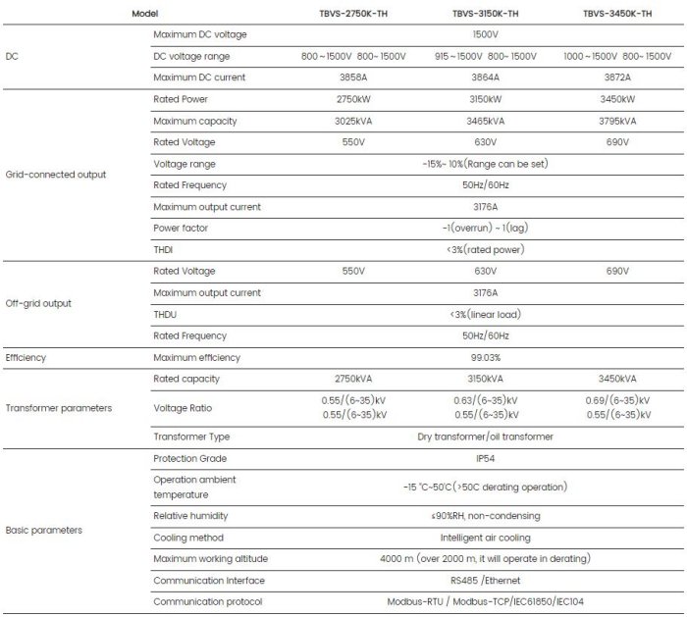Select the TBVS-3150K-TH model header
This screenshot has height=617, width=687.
pyautogui.click(x=485, y=14)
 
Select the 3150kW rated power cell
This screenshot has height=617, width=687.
pyautogui.click(x=485, y=99)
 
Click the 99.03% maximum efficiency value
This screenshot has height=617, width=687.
pyautogui.click(x=485, y=357)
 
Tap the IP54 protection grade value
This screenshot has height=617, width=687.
pyautogui.click(x=485, y=458)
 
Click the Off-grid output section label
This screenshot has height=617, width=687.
pyautogui.click(x=39, y=303)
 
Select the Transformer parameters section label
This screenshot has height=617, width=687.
pyautogui.click(x=59, y=407)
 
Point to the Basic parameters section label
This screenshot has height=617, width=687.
pyautogui.click(x=44, y=530)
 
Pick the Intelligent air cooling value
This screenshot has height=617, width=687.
pyautogui.click(x=485, y=538)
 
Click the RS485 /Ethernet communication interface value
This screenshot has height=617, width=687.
pyautogui.click(x=485, y=580)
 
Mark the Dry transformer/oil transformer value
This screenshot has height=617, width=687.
pyautogui.click(x=485, y=436)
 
